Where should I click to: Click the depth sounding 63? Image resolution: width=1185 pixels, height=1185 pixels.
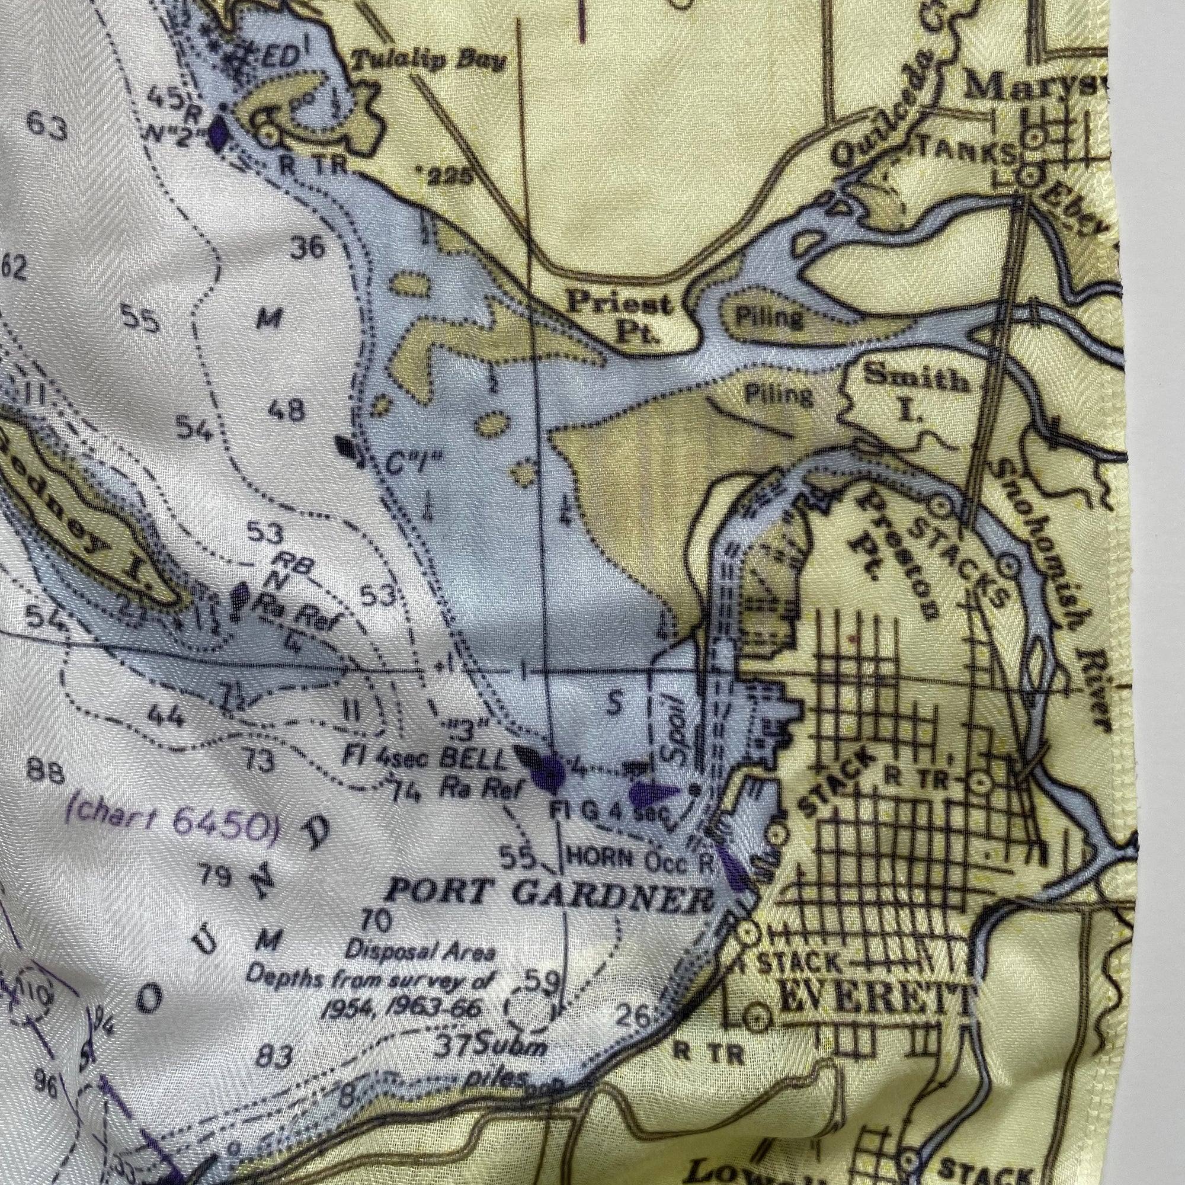click(x=47, y=127)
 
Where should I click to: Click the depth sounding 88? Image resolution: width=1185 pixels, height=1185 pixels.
click(x=47, y=774)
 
